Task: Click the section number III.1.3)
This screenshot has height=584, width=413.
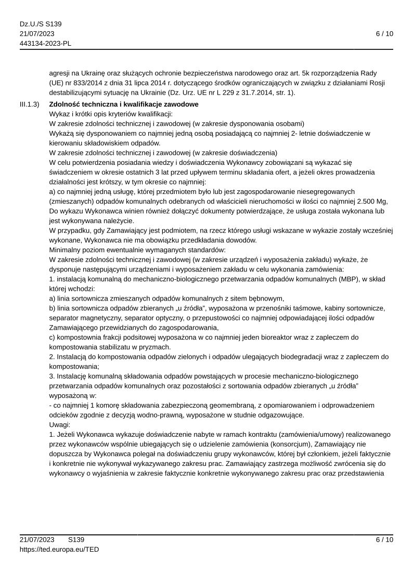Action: [x=29, y=105]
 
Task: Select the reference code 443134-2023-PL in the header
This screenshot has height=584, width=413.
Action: [x=45, y=43]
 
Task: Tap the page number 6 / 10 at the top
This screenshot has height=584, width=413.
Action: [x=384, y=34]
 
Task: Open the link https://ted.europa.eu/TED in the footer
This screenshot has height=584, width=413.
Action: [x=59, y=549]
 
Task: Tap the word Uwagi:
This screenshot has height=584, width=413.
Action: [x=60, y=424]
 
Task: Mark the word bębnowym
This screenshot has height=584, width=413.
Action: [x=267, y=298]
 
